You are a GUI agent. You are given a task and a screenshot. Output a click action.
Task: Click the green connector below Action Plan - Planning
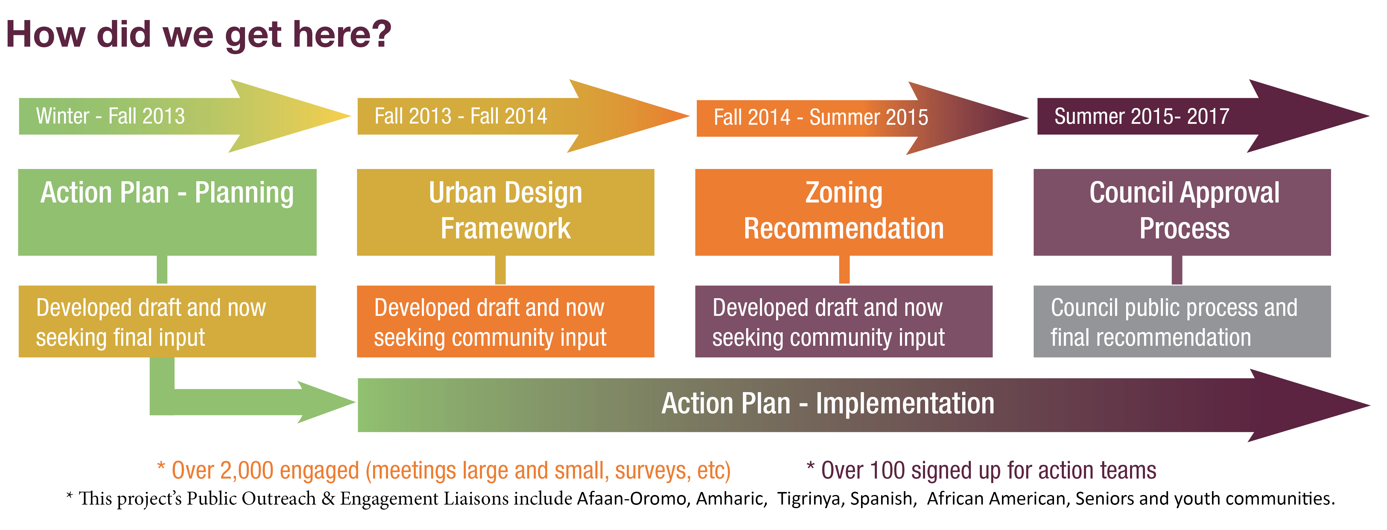click(x=162, y=269)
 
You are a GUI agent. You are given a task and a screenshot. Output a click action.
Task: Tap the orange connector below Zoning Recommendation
click(x=844, y=269)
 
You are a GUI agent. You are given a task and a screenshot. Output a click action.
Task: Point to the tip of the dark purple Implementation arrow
click(x=1369, y=405)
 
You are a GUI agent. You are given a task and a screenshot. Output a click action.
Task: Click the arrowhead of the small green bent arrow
click(x=326, y=402)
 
